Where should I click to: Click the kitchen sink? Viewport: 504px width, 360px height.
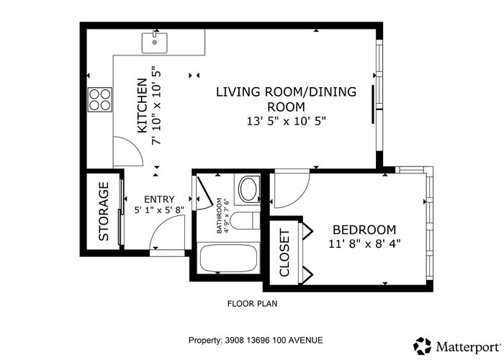coord(155,42)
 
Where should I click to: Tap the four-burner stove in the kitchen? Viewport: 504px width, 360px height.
coord(100,99)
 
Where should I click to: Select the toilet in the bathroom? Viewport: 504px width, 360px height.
coord(245,220)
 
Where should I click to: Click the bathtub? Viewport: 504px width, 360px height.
coord(228,258)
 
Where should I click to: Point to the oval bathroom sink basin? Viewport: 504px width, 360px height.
coord(248,189)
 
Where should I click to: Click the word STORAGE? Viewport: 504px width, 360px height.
coord(104,212)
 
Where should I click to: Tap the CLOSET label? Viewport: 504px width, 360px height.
coord(284,253)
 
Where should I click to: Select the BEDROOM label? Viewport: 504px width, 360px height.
coord(364,230)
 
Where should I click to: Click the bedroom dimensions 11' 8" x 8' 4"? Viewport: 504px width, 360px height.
coord(364,244)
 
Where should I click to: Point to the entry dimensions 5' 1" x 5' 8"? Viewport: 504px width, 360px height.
coord(159,210)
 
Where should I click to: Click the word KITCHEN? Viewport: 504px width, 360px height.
coord(142,105)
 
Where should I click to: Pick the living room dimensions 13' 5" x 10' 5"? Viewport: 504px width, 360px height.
coord(287,121)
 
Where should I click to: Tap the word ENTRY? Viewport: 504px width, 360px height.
coord(159,199)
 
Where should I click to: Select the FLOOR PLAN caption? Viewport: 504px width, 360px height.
coord(252,303)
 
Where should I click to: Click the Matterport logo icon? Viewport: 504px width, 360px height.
coord(422,346)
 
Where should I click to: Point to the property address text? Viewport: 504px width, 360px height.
coord(256,340)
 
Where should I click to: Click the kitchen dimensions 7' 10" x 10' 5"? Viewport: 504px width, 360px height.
coord(156,105)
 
